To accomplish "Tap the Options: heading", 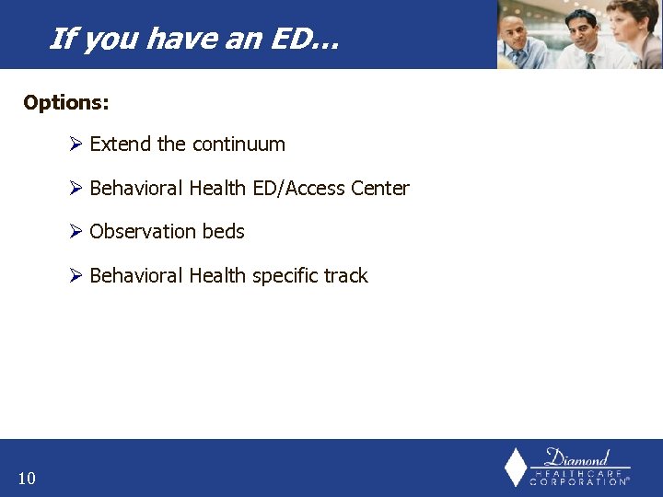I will [66, 102].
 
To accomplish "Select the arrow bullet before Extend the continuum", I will [76, 144].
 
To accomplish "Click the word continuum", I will [238, 144].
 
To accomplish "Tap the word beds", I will [223, 232].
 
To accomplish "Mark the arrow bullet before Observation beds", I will [76, 232].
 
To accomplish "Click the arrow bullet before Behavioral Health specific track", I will [76, 276].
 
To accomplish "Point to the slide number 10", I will [27, 478].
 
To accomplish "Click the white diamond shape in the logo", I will [516, 468].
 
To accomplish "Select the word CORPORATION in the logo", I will [578, 481].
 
